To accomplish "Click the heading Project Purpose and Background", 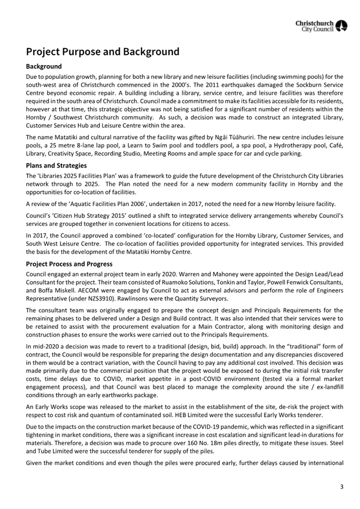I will [x=102, y=52].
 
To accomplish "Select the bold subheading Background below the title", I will [x=44, y=67].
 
